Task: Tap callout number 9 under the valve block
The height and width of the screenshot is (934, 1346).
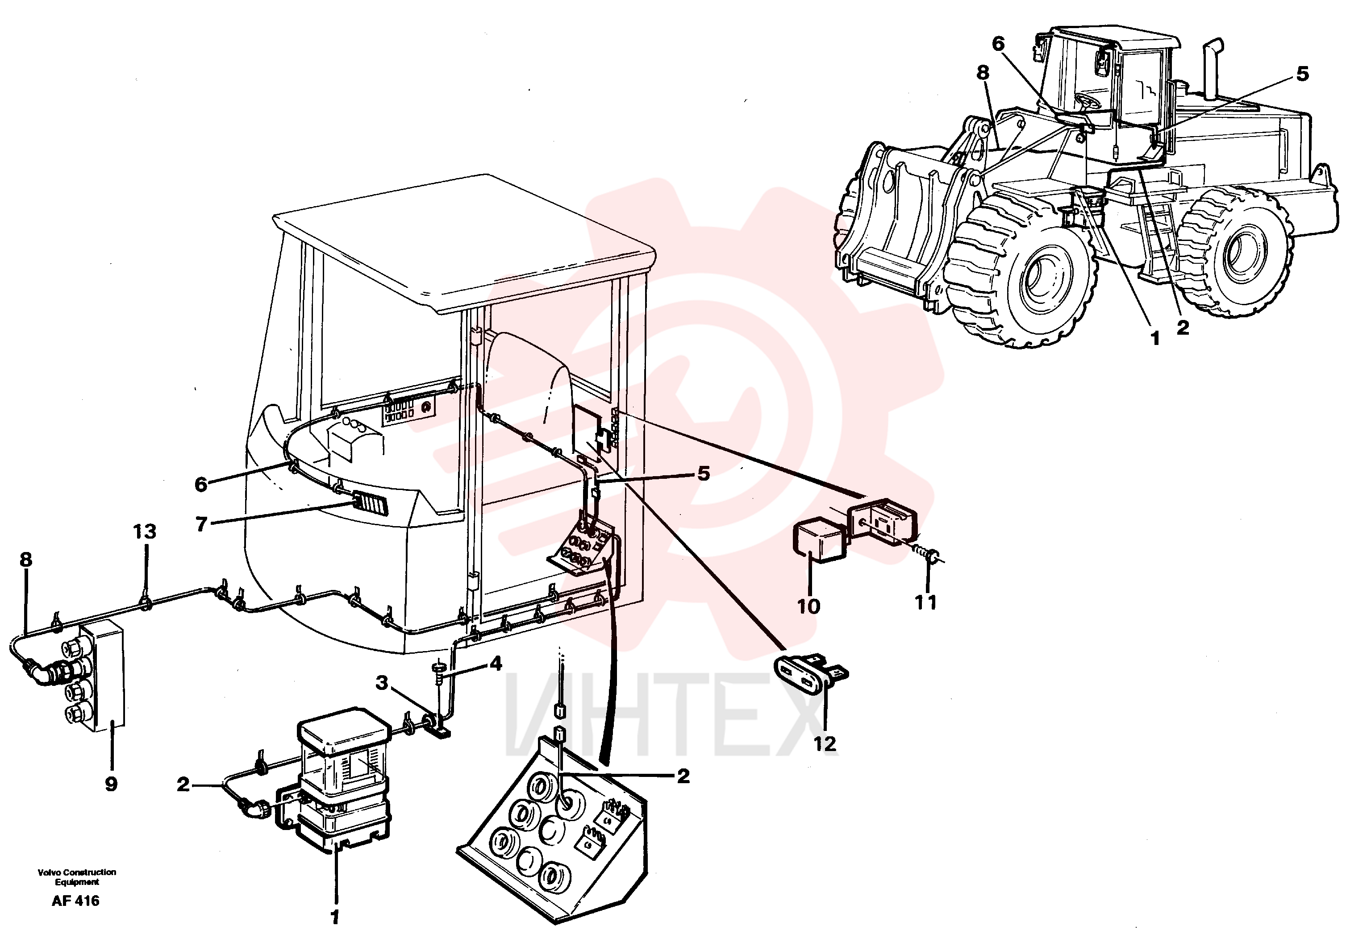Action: tap(111, 784)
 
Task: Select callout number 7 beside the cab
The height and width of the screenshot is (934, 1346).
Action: tap(201, 524)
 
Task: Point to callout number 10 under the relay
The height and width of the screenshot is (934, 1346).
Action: tap(808, 606)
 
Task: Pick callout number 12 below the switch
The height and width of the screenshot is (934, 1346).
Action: tap(825, 744)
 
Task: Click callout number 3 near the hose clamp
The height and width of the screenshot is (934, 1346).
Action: tap(382, 682)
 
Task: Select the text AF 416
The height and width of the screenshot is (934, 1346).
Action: tap(75, 901)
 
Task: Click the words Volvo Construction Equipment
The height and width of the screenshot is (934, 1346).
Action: tap(77, 876)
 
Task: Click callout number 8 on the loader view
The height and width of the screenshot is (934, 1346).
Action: tap(983, 73)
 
